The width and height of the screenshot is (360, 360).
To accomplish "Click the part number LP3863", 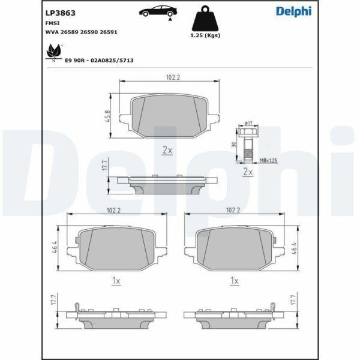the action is [61, 13].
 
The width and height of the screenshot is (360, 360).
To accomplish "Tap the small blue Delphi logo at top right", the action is [293, 11].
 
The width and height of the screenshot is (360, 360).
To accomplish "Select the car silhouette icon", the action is [158, 11].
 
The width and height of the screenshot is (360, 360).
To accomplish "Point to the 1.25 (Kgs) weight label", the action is [205, 35].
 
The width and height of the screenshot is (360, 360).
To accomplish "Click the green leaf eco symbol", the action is [54, 52].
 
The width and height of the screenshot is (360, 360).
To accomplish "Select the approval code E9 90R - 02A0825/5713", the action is [99, 61].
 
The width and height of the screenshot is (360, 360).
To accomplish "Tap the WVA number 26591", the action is [109, 32].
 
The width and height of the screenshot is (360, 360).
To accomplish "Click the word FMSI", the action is [52, 23].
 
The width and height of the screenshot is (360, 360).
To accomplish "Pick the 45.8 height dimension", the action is [107, 116].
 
